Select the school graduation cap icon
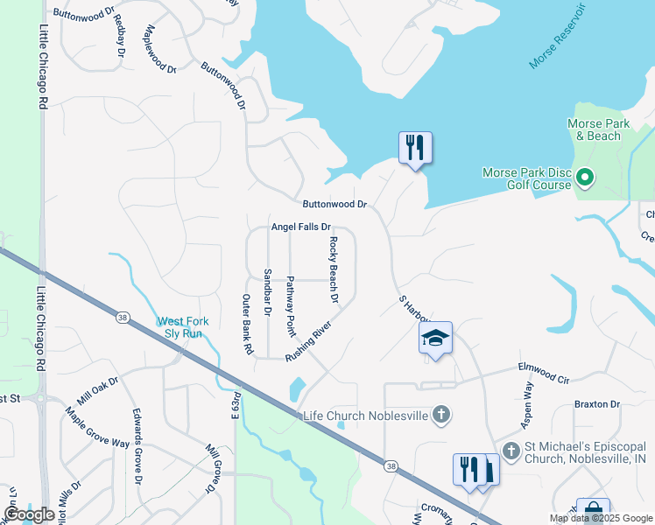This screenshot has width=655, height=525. pyautogui.click(x=435, y=338)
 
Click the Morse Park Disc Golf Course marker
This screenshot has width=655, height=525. pyautogui.click(x=584, y=178)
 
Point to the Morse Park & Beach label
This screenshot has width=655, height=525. pyautogui.click(x=598, y=129)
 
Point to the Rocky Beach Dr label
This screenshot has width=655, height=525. pyautogui.click(x=334, y=269)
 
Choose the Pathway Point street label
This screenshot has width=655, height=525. pyautogui.click(x=291, y=306)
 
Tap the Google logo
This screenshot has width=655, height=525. pyautogui.click(x=29, y=514)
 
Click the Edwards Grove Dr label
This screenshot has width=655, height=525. pyautogui.click(x=137, y=445)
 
